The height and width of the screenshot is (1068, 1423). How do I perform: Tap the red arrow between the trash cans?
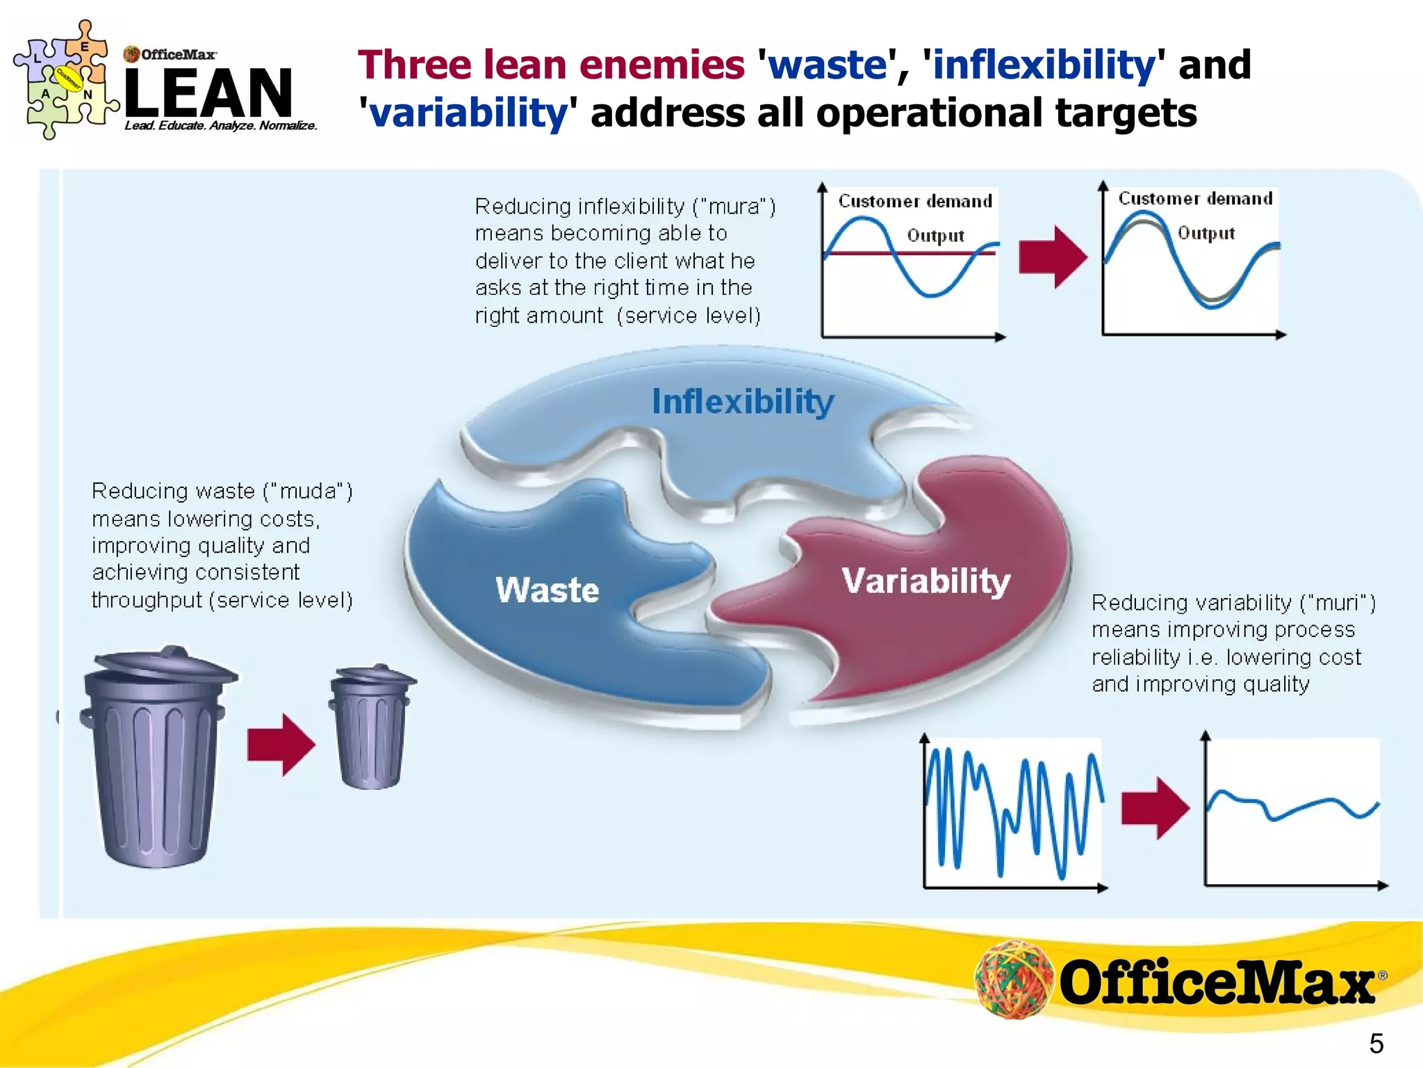click(281, 745)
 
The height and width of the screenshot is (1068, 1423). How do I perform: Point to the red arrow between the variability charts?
click(1155, 809)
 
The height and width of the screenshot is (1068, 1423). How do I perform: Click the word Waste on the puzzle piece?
click(548, 590)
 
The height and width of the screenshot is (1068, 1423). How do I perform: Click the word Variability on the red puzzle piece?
click(926, 581)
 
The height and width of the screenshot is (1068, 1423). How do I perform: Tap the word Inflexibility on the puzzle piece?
click(743, 402)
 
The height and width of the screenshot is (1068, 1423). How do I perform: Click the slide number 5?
click(1376, 1044)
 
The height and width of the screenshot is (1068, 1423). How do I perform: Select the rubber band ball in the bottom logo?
click(1014, 979)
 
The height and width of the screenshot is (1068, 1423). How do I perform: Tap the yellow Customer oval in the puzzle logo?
click(68, 79)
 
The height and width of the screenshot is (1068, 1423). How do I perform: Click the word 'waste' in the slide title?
click(828, 65)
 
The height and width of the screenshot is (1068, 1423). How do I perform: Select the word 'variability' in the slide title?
click(468, 113)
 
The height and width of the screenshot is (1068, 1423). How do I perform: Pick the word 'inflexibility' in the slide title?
click(1043, 65)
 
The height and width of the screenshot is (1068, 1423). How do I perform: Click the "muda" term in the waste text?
click(308, 492)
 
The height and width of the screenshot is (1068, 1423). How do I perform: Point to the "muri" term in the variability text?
click(1338, 603)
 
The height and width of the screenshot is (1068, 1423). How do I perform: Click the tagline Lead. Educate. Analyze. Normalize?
click(221, 126)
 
